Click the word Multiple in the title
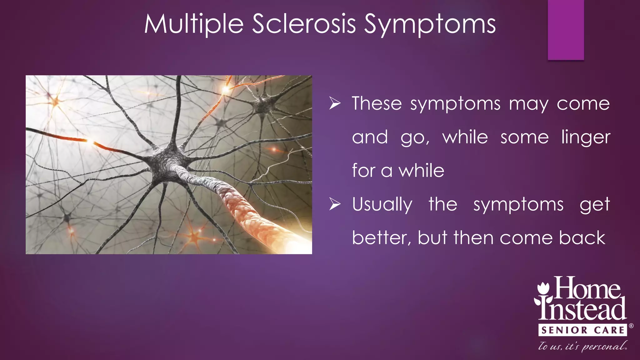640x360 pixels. click(x=194, y=24)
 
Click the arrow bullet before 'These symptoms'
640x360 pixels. click(x=335, y=103)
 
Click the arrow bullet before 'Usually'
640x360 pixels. click(x=335, y=204)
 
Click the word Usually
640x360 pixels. click(x=382, y=205)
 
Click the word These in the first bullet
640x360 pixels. click(x=377, y=103)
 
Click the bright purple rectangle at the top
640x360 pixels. click(x=566, y=30)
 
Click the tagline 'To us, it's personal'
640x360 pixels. click(x=582, y=346)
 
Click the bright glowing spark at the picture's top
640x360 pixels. click(x=226, y=90)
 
